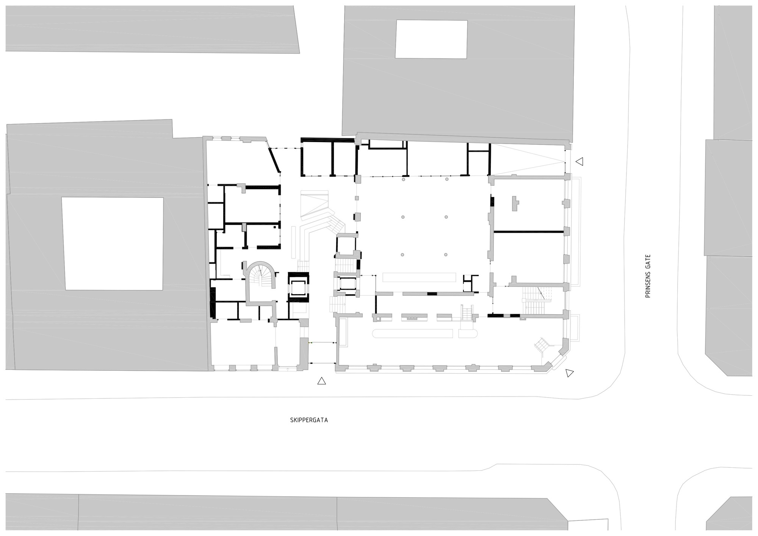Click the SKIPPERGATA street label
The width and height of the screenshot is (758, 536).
[309, 420]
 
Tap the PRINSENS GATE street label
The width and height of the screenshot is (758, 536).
[648, 276]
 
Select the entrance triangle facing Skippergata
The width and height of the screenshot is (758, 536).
[321, 381]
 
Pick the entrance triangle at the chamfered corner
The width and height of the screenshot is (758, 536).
[569, 373]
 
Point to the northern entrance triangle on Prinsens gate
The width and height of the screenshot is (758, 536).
[579, 161]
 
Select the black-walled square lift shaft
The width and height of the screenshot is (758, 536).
[298, 287]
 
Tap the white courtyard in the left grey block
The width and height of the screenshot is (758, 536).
[113, 243]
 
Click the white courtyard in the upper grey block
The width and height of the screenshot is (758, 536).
[431, 39]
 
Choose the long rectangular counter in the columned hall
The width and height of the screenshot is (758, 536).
[419, 277]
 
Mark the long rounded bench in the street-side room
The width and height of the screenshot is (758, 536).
[412, 334]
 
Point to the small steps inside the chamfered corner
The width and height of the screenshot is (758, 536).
[541, 345]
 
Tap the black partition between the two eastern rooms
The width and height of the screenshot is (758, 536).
[528, 232]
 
